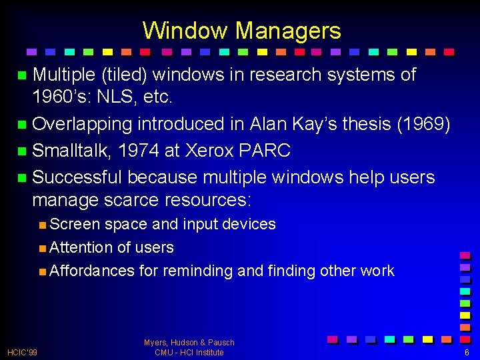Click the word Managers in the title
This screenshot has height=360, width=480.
pyautogui.click(x=288, y=31)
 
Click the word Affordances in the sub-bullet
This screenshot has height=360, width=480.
pyautogui.click(x=92, y=271)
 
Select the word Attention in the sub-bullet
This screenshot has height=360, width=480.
pyautogui.click(x=81, y=247)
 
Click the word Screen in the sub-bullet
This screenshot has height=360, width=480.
pyautogui.click(x=75, y=224)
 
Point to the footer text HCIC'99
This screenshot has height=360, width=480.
pyautogui.click(x=22, y=352)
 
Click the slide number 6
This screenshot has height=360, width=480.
pyautogui.click(x=467, y=352)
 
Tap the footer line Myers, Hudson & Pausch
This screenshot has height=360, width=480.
pyautogui.click(x=189, y=343)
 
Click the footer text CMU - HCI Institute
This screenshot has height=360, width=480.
pyautogui.click(x=189, y=352)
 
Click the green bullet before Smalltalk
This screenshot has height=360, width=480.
pyautogui.click(x=22, y=151)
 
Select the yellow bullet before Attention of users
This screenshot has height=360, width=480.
pyautogui.click(x=42, y=248)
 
